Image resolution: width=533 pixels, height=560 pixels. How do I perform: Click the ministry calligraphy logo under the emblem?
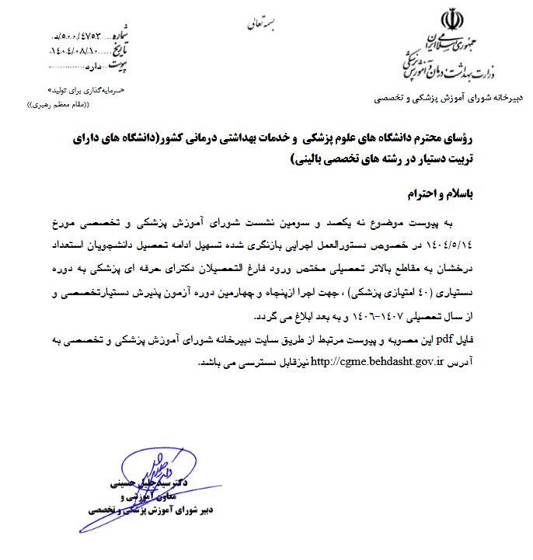[x=443, y=62]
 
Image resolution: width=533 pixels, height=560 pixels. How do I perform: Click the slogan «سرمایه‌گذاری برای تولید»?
[x=86, y=90]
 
